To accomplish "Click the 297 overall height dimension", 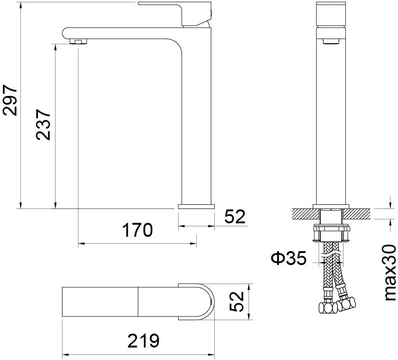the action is tap(10, 101).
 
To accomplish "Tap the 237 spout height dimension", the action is tap(43, 125).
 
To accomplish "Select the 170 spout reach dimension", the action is tap(137, 230).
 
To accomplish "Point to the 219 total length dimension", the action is tap(143, 341).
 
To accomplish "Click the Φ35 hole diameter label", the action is tap(289, 258).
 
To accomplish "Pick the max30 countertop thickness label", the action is tap(390, 273).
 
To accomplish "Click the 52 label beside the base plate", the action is tap(235, 217).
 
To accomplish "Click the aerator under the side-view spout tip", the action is tap(78, 41).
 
